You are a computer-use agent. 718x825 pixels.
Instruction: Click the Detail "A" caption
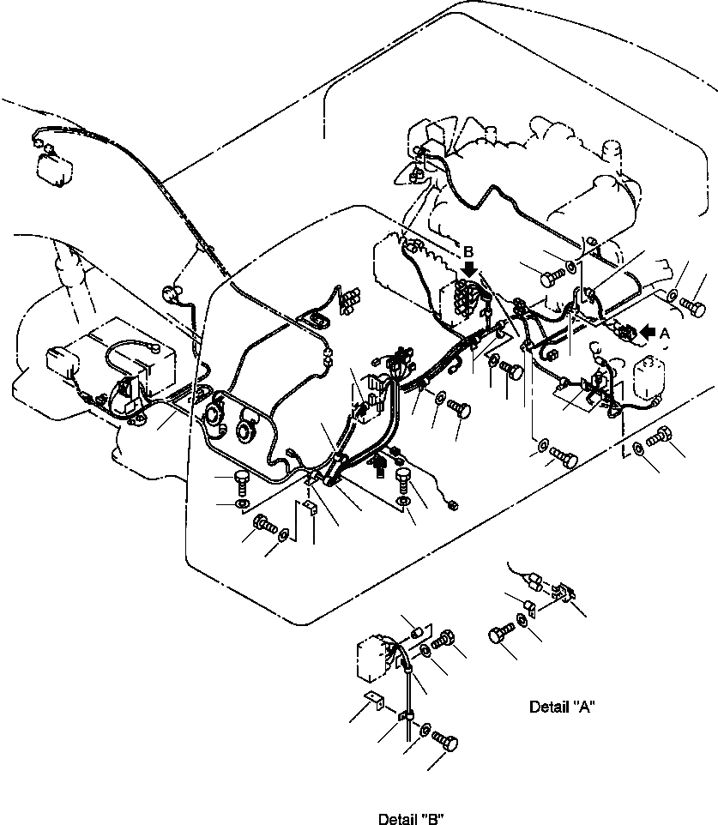tap(562, 707)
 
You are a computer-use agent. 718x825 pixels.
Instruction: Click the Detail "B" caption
tap(411, 819)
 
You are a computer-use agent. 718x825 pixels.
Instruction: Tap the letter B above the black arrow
tap(468, 253)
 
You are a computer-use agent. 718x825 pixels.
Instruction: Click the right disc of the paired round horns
tap(248, 430)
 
